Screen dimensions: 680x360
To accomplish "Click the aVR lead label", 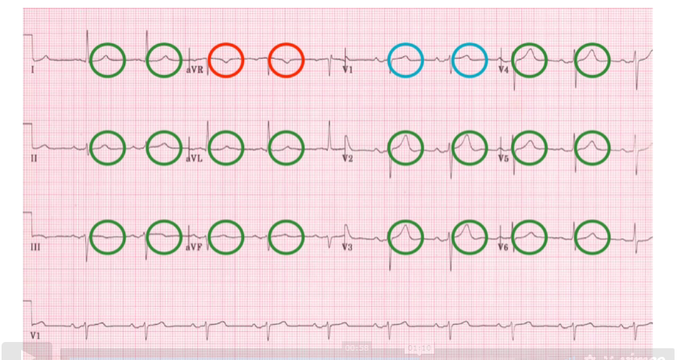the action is tap(193, 70).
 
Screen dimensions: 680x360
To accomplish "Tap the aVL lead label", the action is tap(193, 157).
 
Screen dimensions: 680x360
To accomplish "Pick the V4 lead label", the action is tap(504, 70).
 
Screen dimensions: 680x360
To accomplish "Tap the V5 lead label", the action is tap(504, 157).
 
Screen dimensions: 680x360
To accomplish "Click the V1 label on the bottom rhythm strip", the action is tap(34, 335).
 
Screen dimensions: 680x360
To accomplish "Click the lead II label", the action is tap(33, 157).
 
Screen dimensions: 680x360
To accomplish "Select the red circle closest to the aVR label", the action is tap(226, 59).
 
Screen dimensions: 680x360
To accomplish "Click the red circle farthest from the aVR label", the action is tap(286, 59).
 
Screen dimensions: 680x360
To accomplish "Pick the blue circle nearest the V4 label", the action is tap(470, 59).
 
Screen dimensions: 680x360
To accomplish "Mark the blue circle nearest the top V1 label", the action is tap(406, 59).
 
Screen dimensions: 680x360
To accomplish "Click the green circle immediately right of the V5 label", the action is tap(531, 147).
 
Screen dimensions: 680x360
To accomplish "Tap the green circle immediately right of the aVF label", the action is tap(226, 236).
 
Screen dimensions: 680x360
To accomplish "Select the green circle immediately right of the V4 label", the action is tap(531, 59).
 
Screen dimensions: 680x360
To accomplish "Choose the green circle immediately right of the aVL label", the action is tap(226, 147).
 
